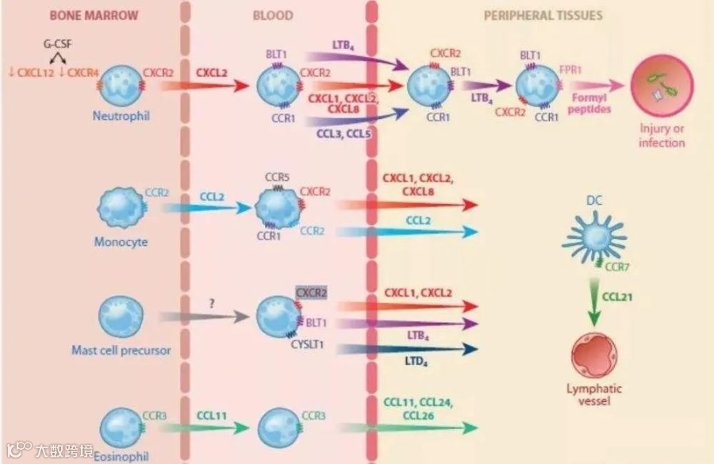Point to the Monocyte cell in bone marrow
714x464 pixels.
click(121, 206)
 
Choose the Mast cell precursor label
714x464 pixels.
click(121, 350)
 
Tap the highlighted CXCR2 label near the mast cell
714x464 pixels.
click(311, 293)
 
